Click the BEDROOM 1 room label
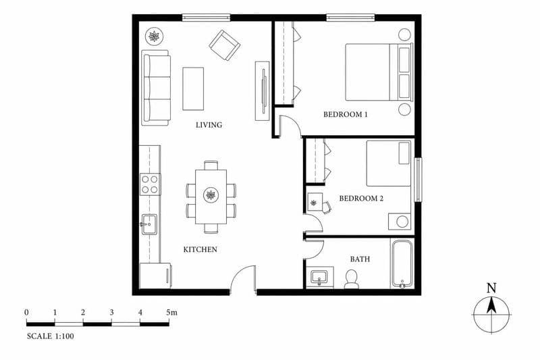(346, 114)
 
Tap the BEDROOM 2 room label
(361, 199)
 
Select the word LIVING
(209, 125)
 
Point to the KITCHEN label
(200, 249)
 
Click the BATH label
(360, 259)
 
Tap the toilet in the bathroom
(352, 279)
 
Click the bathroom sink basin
(319, 277)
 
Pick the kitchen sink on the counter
(149, 224)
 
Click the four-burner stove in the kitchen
(150, 184)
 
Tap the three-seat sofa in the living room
(156, 88)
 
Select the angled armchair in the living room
(225, 45)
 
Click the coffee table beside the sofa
(193, 88)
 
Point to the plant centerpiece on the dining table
(211, 195)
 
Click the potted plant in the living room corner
(154, 36)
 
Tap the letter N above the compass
(491, 288)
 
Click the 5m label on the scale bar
(171, 313)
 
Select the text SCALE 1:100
(50, 336)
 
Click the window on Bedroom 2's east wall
(418, 180)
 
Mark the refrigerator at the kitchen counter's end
(156, 276)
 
